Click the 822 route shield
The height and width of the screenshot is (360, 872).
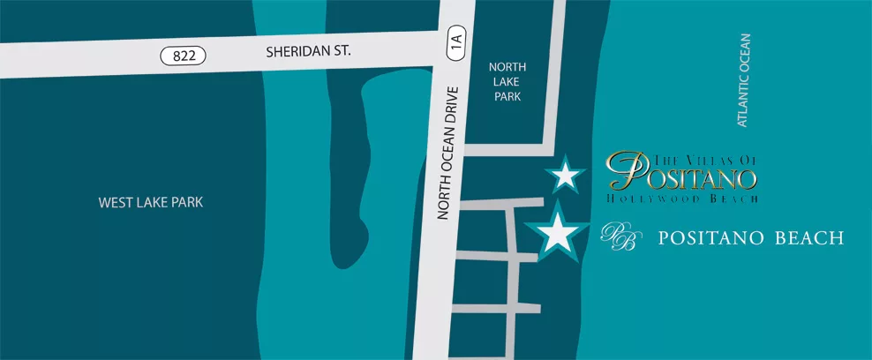(x=184, y=56)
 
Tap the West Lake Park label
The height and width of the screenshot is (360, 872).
(x=151, y=203)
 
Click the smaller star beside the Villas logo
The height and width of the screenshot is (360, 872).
(x=565, y=176)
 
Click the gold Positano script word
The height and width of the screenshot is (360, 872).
(x=682, y=175)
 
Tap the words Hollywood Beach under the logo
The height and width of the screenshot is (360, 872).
(x=682, y=199)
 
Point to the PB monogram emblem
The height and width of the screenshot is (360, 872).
(x=618, y=237)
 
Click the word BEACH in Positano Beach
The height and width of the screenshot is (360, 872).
(x=809, y=238)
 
